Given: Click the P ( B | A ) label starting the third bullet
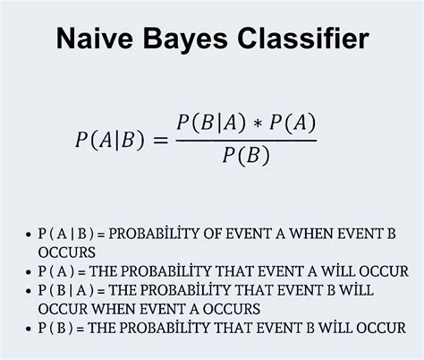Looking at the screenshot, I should point(67,290).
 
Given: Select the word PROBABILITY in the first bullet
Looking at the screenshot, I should point(165,235).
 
